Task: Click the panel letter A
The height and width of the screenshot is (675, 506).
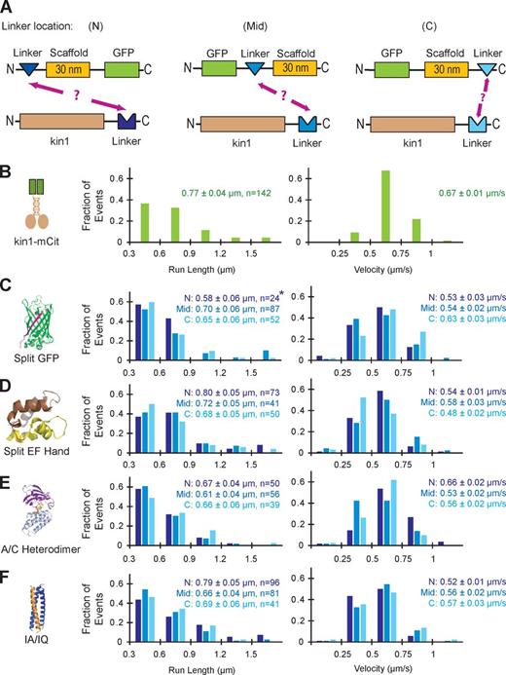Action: [8, 8]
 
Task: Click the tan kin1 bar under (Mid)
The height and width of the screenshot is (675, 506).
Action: [237, 124]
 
